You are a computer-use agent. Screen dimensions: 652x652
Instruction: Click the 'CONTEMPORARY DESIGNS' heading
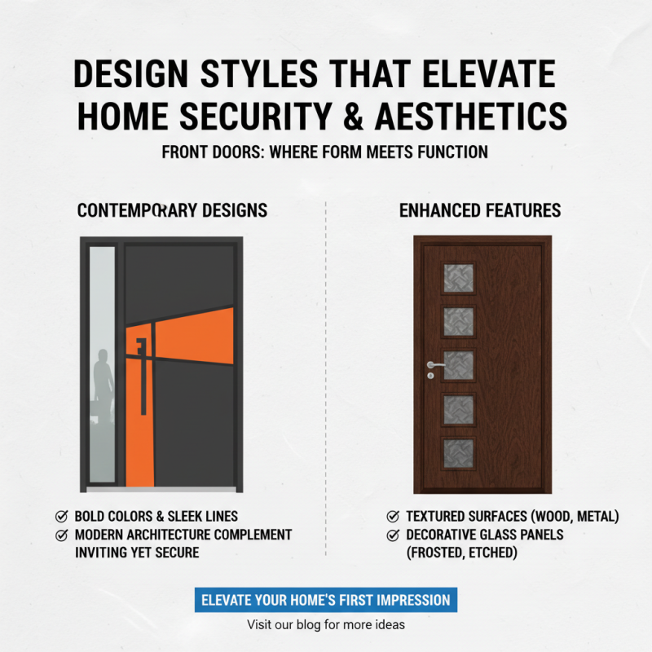[x=172, y=211]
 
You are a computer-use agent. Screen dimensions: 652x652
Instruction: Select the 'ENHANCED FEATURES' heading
[x=480, y=211]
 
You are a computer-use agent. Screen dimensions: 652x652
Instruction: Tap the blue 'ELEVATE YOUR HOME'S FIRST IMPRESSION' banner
[x=326, y=600]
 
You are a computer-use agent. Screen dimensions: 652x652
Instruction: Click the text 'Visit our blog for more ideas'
[x=326, y=625]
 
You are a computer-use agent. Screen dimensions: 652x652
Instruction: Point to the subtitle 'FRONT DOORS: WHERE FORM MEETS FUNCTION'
[x=325, y=152]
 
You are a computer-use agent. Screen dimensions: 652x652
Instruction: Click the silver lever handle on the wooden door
[x=434, y=366]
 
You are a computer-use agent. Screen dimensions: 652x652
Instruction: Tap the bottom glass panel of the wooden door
[x=458, y=453]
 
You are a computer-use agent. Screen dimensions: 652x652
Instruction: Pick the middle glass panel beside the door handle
[x=458, y=366]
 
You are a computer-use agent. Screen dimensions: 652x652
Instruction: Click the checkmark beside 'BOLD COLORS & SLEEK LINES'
[x=61, y=517]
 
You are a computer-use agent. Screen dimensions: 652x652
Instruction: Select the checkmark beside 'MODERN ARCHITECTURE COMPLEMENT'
[x=61, y=535]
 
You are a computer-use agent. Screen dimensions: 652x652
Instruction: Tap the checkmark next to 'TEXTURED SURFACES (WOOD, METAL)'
[x=393, y=517]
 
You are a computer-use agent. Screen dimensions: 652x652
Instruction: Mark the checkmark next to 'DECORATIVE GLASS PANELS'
[x=393, y=535]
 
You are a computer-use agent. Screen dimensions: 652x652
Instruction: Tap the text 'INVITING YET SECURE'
[x=137, y=553]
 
